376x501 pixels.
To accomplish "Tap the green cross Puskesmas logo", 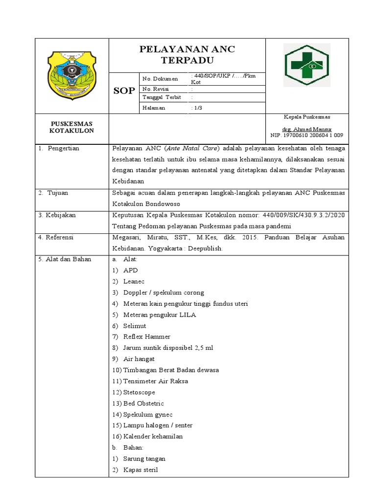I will click(x=307, y=62).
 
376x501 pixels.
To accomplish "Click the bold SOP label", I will click(x=124, y=91).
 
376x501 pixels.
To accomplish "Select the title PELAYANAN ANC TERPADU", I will click(x=187, y=55).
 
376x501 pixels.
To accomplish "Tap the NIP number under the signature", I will click(x=306, y=135).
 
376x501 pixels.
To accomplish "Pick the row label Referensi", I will click(x=59, y=237).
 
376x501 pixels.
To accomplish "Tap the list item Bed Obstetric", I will click(x=143, y=404).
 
